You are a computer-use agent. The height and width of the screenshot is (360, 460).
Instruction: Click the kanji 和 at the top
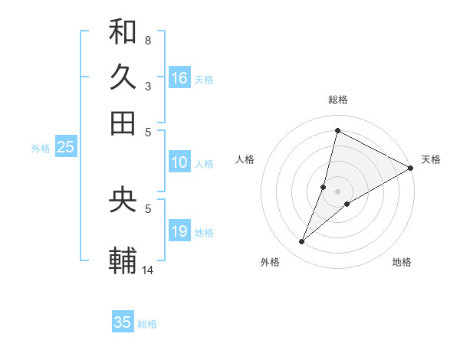(x=123, y=32)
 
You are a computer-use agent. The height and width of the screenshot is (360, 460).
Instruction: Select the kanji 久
(x=123, y=77)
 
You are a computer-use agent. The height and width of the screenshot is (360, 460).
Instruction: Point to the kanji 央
(x=123, y=200)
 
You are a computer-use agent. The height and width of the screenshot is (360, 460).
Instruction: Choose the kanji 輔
(x=123, y=260)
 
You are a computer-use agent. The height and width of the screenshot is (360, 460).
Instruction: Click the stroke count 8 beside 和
(x=147, y=40)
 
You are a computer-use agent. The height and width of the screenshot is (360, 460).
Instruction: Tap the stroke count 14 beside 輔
(x=149, y=270)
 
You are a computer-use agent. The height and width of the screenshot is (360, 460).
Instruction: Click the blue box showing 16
(x=179, y=78)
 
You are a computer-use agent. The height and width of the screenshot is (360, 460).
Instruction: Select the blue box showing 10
(x=179, y=162)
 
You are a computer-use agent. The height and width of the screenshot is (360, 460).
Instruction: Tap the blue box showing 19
(x=179, y=232)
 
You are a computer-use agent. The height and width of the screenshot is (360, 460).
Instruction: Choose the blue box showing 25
(x=66, y=148)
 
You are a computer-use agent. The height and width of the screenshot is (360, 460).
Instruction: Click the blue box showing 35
(x=123, y=322)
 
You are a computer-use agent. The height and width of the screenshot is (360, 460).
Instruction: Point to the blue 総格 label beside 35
(x=147, y=324)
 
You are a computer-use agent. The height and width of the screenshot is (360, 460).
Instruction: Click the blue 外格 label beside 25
(x=40, y=149)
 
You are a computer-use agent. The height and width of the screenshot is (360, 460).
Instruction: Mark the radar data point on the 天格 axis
(x=411, y=169)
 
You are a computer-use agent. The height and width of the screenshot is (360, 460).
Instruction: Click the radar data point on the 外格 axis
(x=302, y=242)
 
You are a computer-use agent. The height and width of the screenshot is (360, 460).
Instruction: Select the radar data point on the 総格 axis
(x=337, y=130)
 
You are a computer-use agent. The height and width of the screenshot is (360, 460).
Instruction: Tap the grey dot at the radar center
(x=337, y=191)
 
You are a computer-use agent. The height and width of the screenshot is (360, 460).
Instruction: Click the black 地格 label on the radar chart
(x=402, y=263)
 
